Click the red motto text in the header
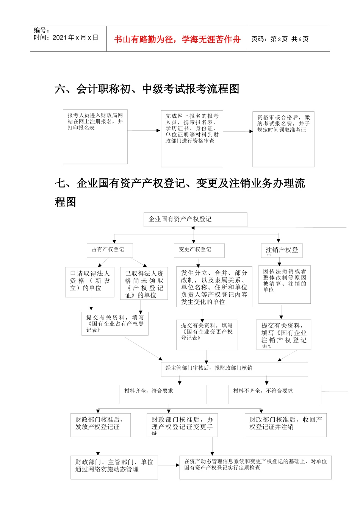[x=177, y=39]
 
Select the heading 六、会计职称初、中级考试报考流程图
[x=147, y=89]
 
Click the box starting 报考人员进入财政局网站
[x=95, y=137]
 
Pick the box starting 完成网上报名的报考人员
[x=192, y=139]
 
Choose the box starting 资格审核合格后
[x=283, y=139]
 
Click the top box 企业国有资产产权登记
[x=195, y=220]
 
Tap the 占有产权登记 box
[x=110, y=250]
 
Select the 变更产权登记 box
[x=199, y=250]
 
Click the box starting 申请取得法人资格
[x=90, y=282]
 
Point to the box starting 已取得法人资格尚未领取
[x=144, y=284]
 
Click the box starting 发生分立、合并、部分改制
[x=214, y=287]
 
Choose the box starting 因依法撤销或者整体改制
[x=285, y=284]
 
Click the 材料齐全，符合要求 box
[x=163, y=394]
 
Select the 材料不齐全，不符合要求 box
[x=275, y=394]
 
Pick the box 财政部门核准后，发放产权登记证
[x=100, y=425]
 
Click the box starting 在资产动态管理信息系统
[x=255, y=467]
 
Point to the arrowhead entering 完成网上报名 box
[x=158, y=131]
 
